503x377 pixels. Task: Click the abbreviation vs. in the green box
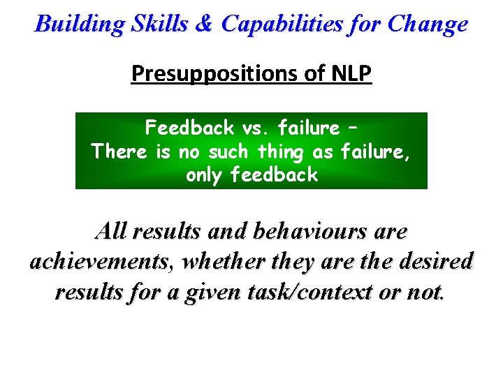point(257,128)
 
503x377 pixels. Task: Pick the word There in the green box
point(120,151)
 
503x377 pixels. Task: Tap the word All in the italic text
point(112,231)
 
